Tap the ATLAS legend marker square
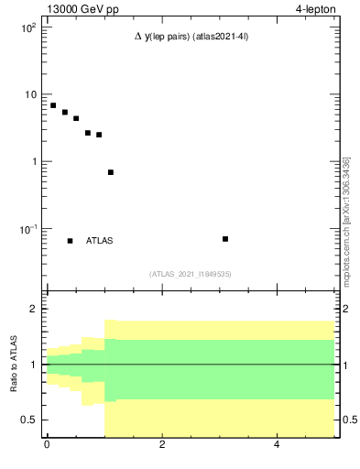coord(70,241)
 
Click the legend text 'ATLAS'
coord(100,241)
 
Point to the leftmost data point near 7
coord(53,105)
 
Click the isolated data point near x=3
coord(225,239)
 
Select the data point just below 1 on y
coord(111,172)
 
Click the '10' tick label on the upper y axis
coord(29,95)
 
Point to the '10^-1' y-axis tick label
coord(27,229)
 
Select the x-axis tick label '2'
coord(162,446)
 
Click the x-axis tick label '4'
coord(278,446)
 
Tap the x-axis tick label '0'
coord(47,446)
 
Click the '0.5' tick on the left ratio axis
coord(28,420)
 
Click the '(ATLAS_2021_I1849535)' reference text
coord(191,274)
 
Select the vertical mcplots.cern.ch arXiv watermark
coord(346,220)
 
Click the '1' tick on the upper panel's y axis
coord(34,162)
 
